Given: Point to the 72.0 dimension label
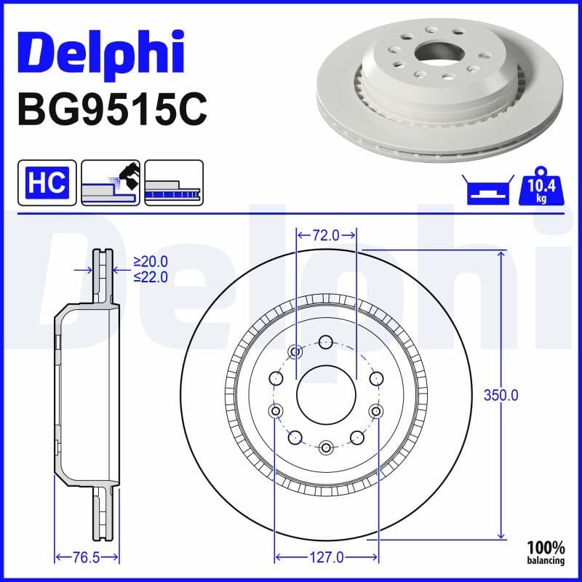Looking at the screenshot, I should (326, 235).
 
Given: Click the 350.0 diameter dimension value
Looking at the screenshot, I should (501, 395).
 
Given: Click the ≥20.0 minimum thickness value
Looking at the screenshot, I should (151, 262).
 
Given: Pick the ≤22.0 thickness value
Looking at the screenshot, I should (151, 276).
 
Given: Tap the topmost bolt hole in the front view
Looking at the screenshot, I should (326, 341).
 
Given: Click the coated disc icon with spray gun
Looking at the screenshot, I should (111, 182).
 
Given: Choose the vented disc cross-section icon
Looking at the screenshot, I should (174, 182).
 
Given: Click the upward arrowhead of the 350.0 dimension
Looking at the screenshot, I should (501, 255).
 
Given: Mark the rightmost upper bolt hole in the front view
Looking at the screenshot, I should (376, 378).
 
